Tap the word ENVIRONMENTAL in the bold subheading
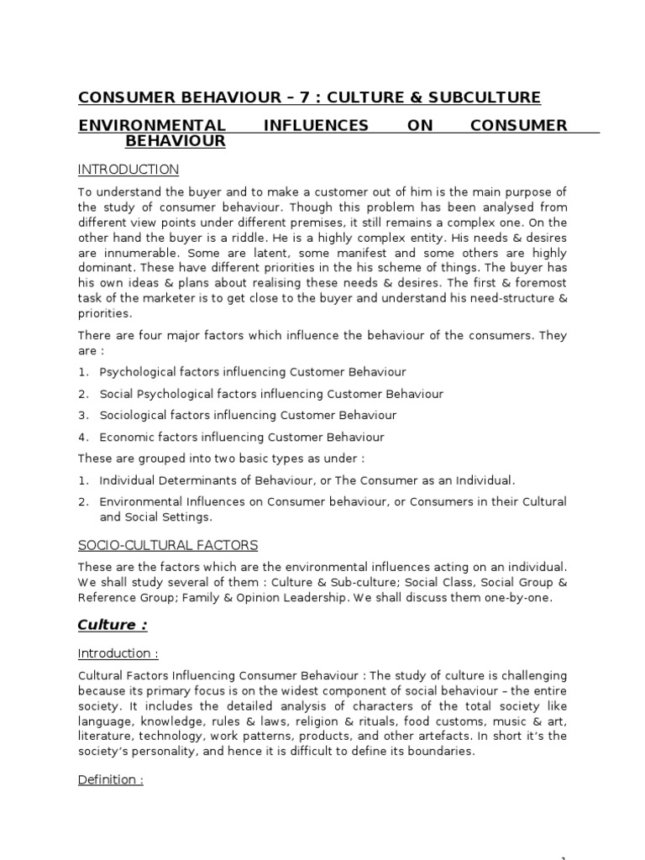151,125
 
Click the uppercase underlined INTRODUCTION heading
128,170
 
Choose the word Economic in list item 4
124,437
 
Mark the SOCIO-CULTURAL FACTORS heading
168,546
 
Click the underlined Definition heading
110,780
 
